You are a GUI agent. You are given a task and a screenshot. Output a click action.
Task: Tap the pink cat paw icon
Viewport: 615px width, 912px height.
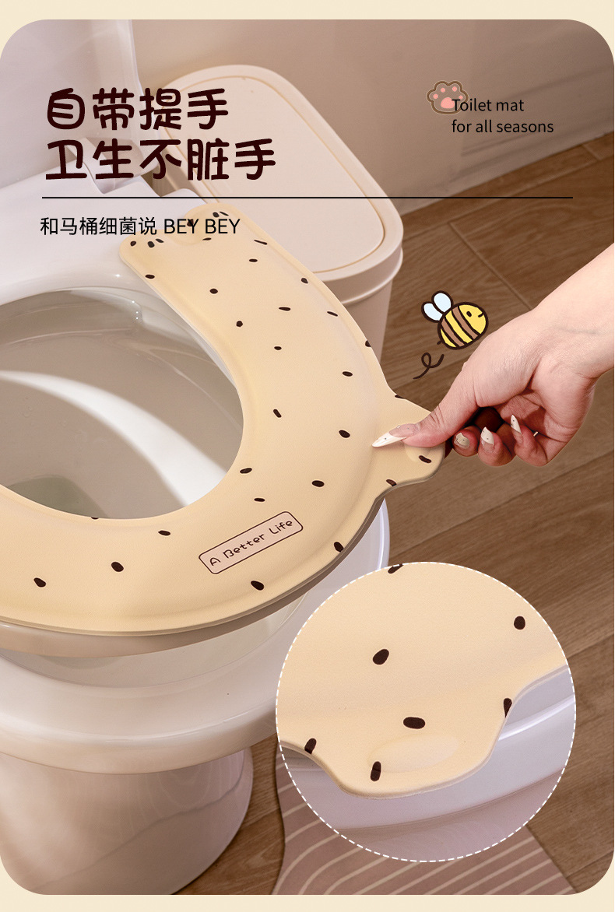coord(445,97)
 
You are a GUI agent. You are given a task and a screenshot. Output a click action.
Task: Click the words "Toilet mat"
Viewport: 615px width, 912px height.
coord(489,106)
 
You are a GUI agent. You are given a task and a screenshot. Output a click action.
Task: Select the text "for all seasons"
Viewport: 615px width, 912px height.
coord(502,126)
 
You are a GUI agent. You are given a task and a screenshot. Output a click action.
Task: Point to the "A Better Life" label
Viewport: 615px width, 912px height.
coord(251,542)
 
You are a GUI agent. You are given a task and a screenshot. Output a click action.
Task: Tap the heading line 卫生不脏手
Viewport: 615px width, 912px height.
coord(160,159)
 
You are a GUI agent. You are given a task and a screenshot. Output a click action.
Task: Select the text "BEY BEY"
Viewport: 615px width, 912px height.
coord(202,226)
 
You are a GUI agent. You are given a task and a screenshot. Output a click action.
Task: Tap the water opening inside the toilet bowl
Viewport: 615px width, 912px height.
coord(54,490)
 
